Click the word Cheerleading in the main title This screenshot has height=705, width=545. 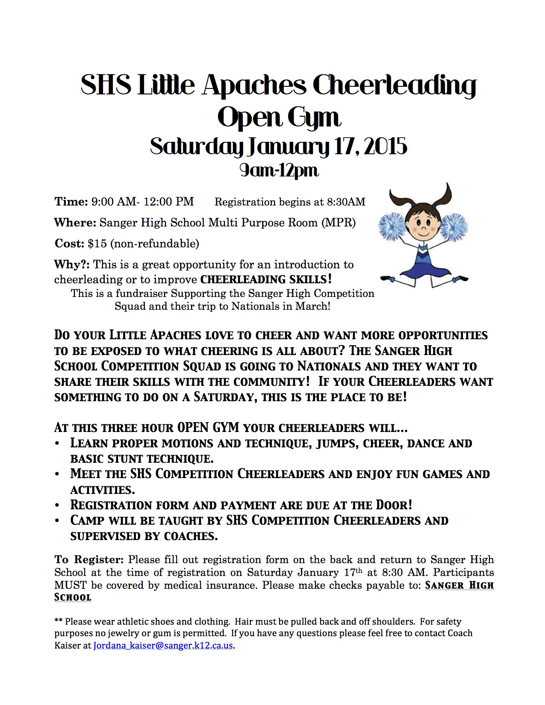(394, 85)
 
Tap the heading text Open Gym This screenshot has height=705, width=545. (279, 117)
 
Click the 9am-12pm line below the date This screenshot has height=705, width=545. (279, 170)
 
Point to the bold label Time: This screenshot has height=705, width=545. (71, 202)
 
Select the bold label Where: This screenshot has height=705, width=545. (75, 223)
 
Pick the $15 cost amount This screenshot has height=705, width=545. (97, 244)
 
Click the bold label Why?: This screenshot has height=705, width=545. (72, 264)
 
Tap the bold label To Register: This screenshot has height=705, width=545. (89, 560)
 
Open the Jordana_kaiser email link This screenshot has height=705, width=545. (163, 645)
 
